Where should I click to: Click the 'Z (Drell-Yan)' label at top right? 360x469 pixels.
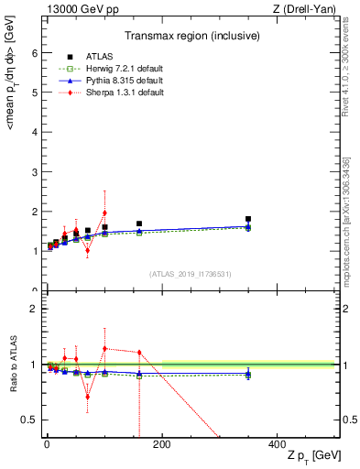coord(309,8)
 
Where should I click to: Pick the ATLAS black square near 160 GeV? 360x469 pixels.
coord(139,224)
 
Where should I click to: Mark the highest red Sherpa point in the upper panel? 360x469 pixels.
coord(104,213)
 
